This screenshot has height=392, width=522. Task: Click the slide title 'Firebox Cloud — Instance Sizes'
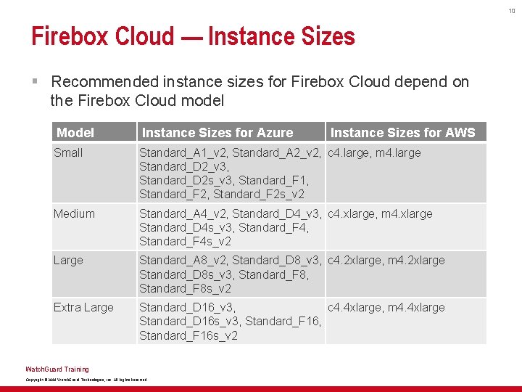(x=193, y=36)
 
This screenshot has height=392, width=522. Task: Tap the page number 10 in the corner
(x=510, y=10)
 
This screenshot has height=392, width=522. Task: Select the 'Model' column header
(x=75, y=132)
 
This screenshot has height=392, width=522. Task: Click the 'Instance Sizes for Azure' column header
(x=217, y=132)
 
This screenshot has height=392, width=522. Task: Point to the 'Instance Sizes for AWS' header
(x=402, y=132)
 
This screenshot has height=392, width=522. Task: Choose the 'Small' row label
(x=68, y=152)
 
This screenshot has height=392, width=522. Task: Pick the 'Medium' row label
(x=74, y=213)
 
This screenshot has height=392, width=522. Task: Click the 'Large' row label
(x=68, y=260)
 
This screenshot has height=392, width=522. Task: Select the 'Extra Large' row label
(x=83, y=307)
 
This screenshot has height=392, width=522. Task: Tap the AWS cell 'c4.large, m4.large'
(x=374, y=152)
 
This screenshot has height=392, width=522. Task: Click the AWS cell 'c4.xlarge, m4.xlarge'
(x=380, y=213)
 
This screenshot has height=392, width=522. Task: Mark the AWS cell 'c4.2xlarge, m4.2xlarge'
(x=386, y=260)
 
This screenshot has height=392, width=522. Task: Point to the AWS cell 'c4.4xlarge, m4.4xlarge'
(x=386, y=307)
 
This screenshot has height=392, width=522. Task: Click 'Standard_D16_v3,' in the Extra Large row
(x=187, y=307)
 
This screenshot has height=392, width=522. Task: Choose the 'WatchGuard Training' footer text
(x=57, y=369)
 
